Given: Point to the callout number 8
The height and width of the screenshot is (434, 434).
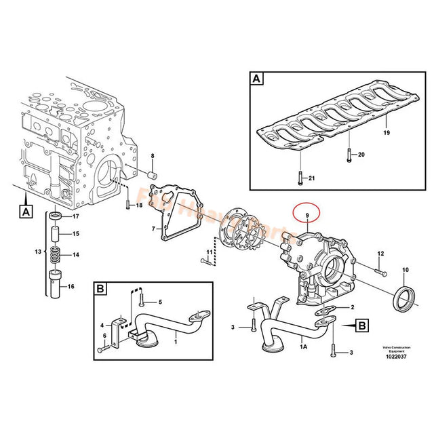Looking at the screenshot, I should click(x=153, y=157).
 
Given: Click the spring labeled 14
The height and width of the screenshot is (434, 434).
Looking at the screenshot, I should click(x=57, y=256).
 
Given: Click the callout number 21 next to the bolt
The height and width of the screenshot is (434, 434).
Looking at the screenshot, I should click(x=312, y=178).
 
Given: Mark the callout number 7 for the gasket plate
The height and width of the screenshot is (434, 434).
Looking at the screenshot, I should click(x=153, y=229).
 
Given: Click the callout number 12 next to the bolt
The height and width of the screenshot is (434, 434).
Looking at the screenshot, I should click(x=380, y=254).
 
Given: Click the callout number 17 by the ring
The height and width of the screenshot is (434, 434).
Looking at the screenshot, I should click(x=76, y=216).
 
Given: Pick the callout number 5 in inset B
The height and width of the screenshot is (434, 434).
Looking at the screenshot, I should click(x=160, y=302).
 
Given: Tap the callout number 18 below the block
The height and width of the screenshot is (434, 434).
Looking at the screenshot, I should click(x=139, y=205).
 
